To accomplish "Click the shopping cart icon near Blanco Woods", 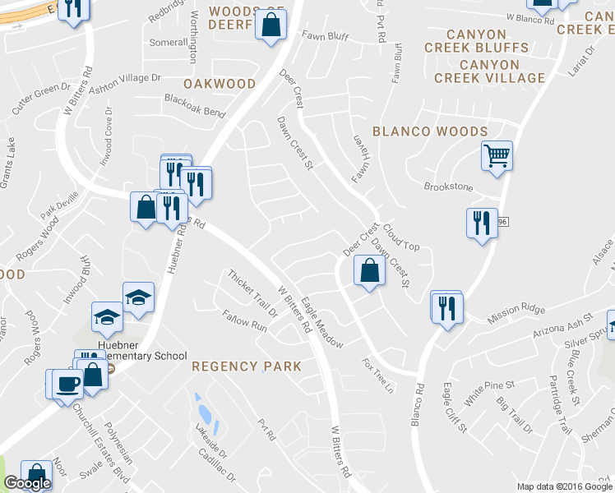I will tap(497, 155).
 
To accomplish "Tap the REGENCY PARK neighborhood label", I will tap(247, 366).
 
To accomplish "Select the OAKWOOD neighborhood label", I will tap(220, 84).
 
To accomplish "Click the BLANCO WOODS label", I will tap(430, 131).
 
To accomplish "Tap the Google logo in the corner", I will tap(27, 483).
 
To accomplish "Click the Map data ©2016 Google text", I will tap(564, 486).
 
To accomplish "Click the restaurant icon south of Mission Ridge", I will tap(447, 308).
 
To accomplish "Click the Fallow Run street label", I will tap(245, 320).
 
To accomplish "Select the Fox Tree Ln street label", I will tap(379, 375).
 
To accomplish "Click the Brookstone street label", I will tap(448, 187).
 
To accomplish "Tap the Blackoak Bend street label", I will tap(194, 111).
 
